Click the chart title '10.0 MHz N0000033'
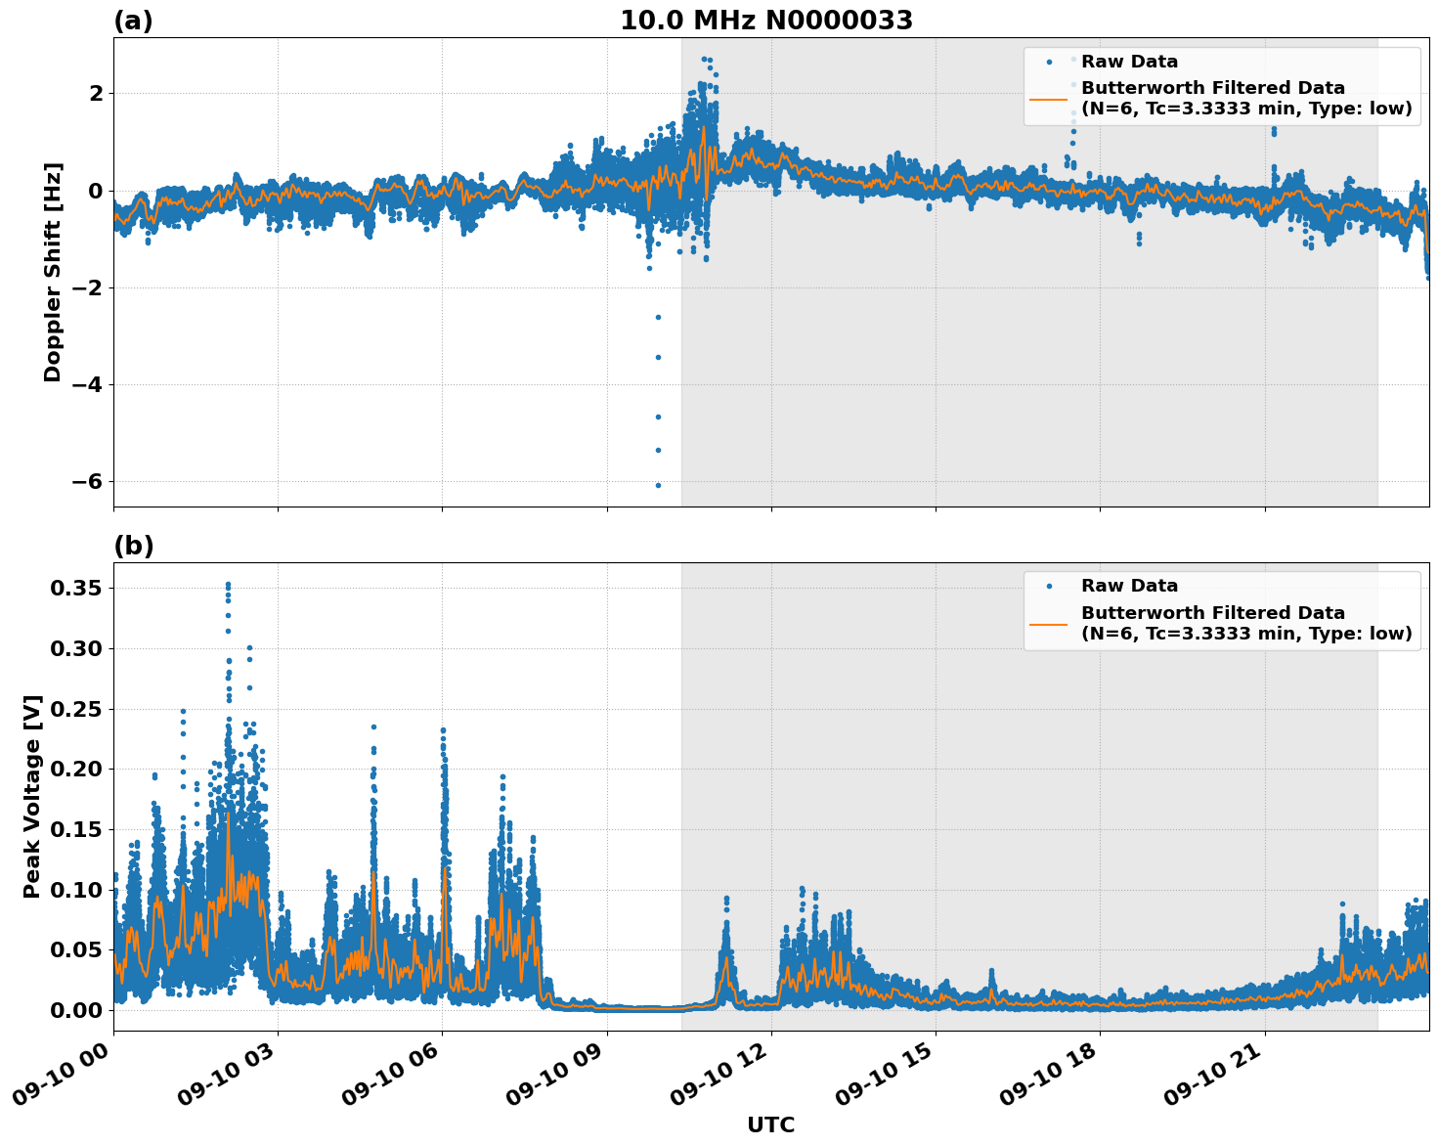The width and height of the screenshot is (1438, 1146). point(765,21)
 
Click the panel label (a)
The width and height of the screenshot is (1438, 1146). point(133,21)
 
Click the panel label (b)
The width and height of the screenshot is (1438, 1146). point(133,546)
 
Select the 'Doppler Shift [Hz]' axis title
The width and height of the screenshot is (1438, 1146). point(53,272)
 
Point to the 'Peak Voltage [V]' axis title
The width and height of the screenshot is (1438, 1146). point(32,796)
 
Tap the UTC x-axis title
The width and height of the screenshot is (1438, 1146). point(770,1124)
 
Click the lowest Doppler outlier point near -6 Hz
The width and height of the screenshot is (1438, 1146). point(658,485)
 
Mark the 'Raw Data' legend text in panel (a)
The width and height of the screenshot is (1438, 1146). point(1129,62)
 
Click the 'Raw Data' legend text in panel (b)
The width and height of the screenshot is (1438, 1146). point(1129,586)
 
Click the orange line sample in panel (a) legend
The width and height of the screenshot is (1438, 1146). point(1049,99)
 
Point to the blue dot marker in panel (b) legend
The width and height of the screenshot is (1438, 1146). point(1049,587)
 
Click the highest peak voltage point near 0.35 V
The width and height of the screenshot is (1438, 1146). point(228,585)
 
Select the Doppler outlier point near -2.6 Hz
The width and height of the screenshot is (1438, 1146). point(658,317)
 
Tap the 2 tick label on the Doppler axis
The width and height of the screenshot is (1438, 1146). point(96,94)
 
